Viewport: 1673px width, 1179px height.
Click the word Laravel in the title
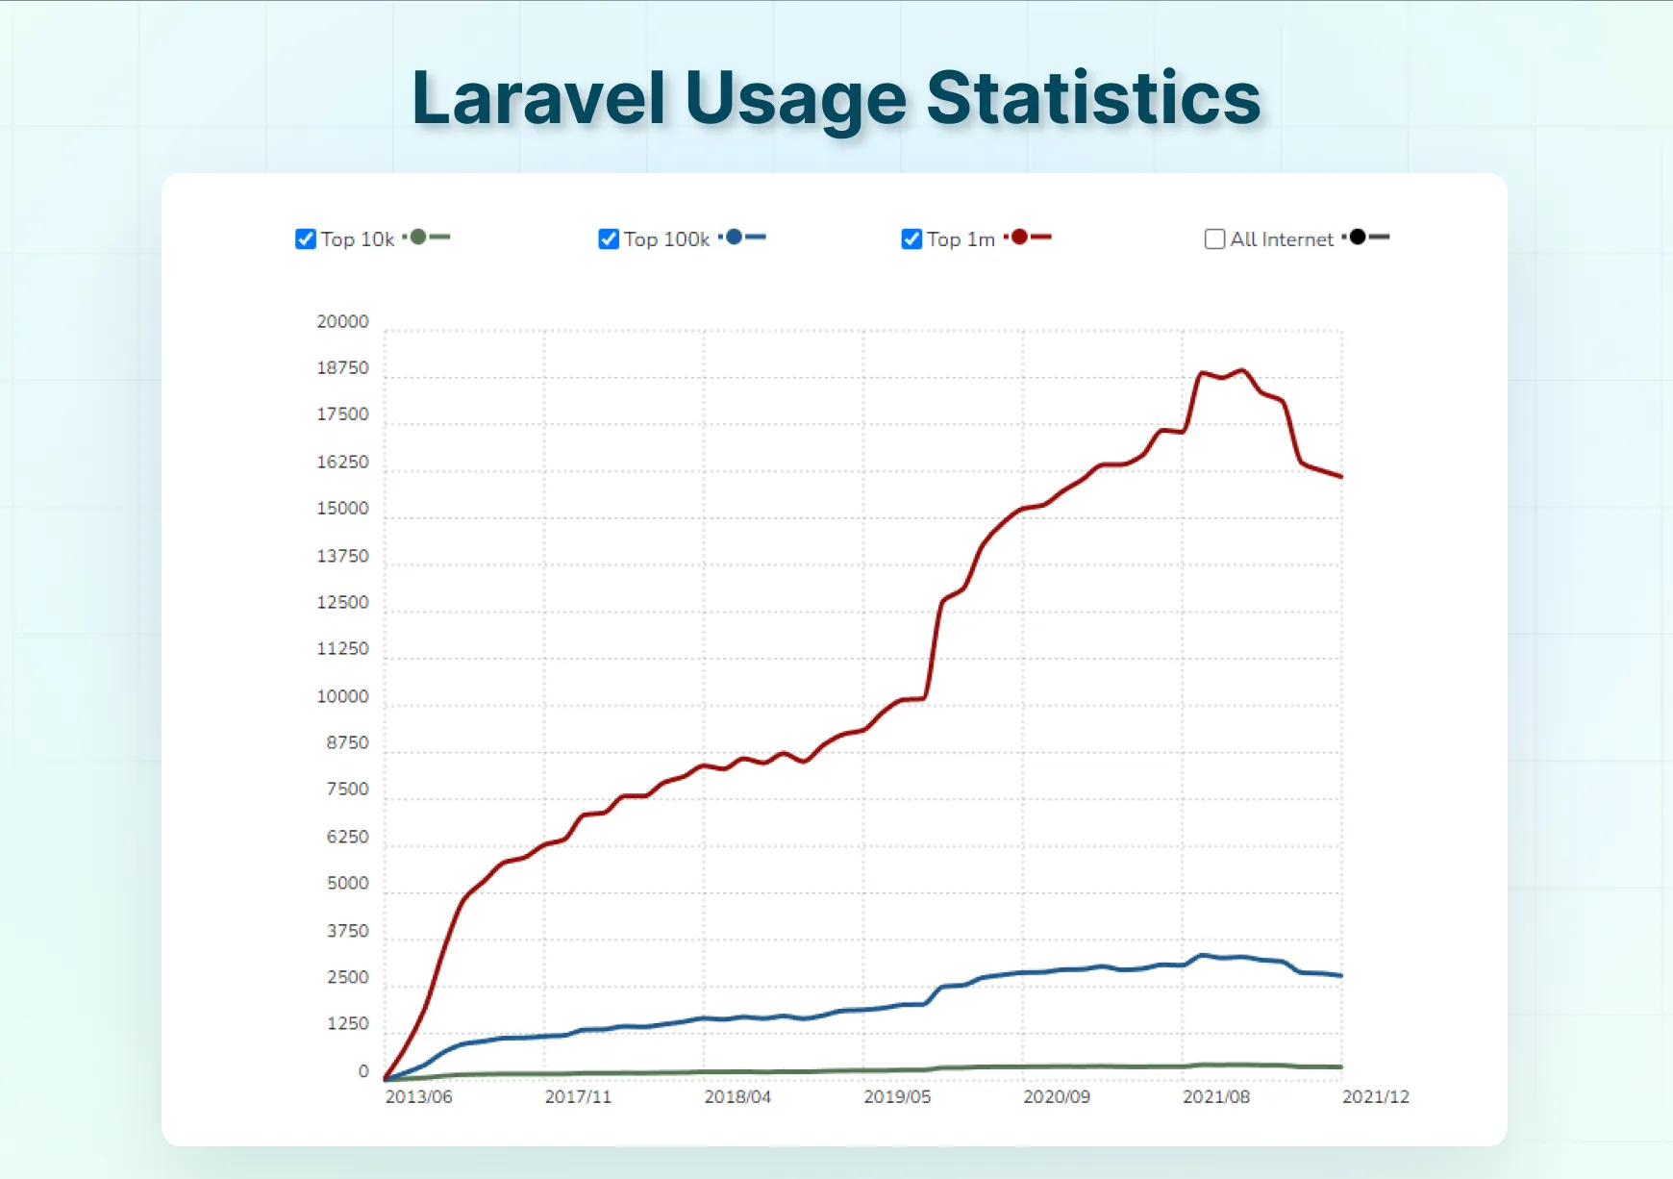click(x=538, y=98)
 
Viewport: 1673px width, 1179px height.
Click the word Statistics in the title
click(x=1093, y=98)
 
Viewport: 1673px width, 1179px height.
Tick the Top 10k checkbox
click(x=306, y=238)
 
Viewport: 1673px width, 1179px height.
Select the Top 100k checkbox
click(x=609, y=238)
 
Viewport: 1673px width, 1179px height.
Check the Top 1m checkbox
click(x=911, y=238)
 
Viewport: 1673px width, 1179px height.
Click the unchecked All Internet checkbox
click(x=1214, y=238)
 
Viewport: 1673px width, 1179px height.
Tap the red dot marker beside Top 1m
click(x=1019, y=237)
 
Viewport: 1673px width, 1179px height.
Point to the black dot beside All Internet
click(x=1358, y=237)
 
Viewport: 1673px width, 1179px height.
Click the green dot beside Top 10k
click(x=418, y=237)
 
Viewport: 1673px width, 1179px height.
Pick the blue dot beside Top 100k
click(x=734, y=237)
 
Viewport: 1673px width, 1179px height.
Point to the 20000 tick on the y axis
click(x=342, y=321)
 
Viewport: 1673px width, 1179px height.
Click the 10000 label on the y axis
click(x=342, y=696)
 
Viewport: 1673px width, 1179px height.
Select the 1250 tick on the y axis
click(x=347, y=1023)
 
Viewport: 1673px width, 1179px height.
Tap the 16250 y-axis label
click(x=342, y=462)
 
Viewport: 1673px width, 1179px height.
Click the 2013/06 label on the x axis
click(x=418, y=1096)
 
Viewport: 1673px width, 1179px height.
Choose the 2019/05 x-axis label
click(x=897, y=1096)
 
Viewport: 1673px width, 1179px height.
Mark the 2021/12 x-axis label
click(x=1375, y=1096)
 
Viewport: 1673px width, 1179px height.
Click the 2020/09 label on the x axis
click(x=1056, y=1096)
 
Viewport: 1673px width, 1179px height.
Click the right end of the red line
click(x=1340, y=476)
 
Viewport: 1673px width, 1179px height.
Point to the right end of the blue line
click(x=1340, y=975)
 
